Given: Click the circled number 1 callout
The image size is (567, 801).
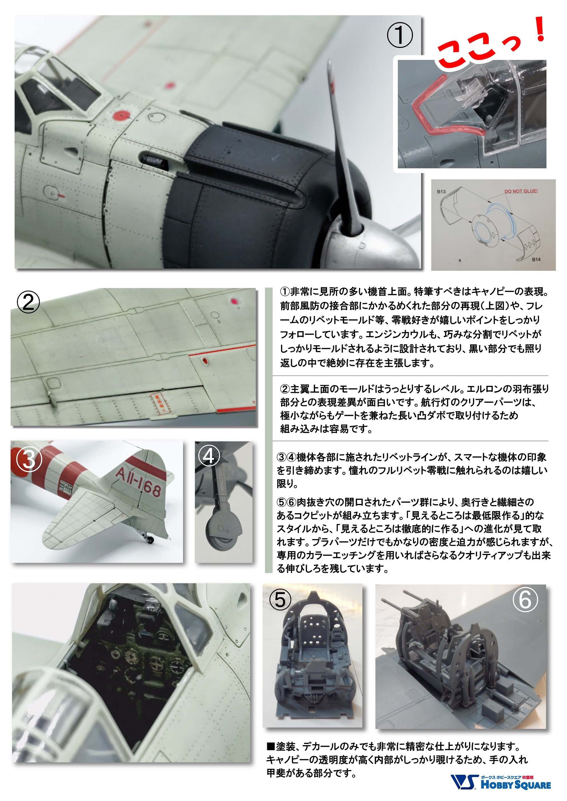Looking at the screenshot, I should (400, 35).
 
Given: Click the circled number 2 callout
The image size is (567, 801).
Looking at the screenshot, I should (29, 302).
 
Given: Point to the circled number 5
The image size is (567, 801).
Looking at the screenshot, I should (280, 600).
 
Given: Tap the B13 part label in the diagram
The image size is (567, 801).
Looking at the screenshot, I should (441, 191).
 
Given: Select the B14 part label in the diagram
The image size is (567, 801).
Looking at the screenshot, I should (536, 260).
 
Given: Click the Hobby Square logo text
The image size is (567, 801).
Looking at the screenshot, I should (516, 785).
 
